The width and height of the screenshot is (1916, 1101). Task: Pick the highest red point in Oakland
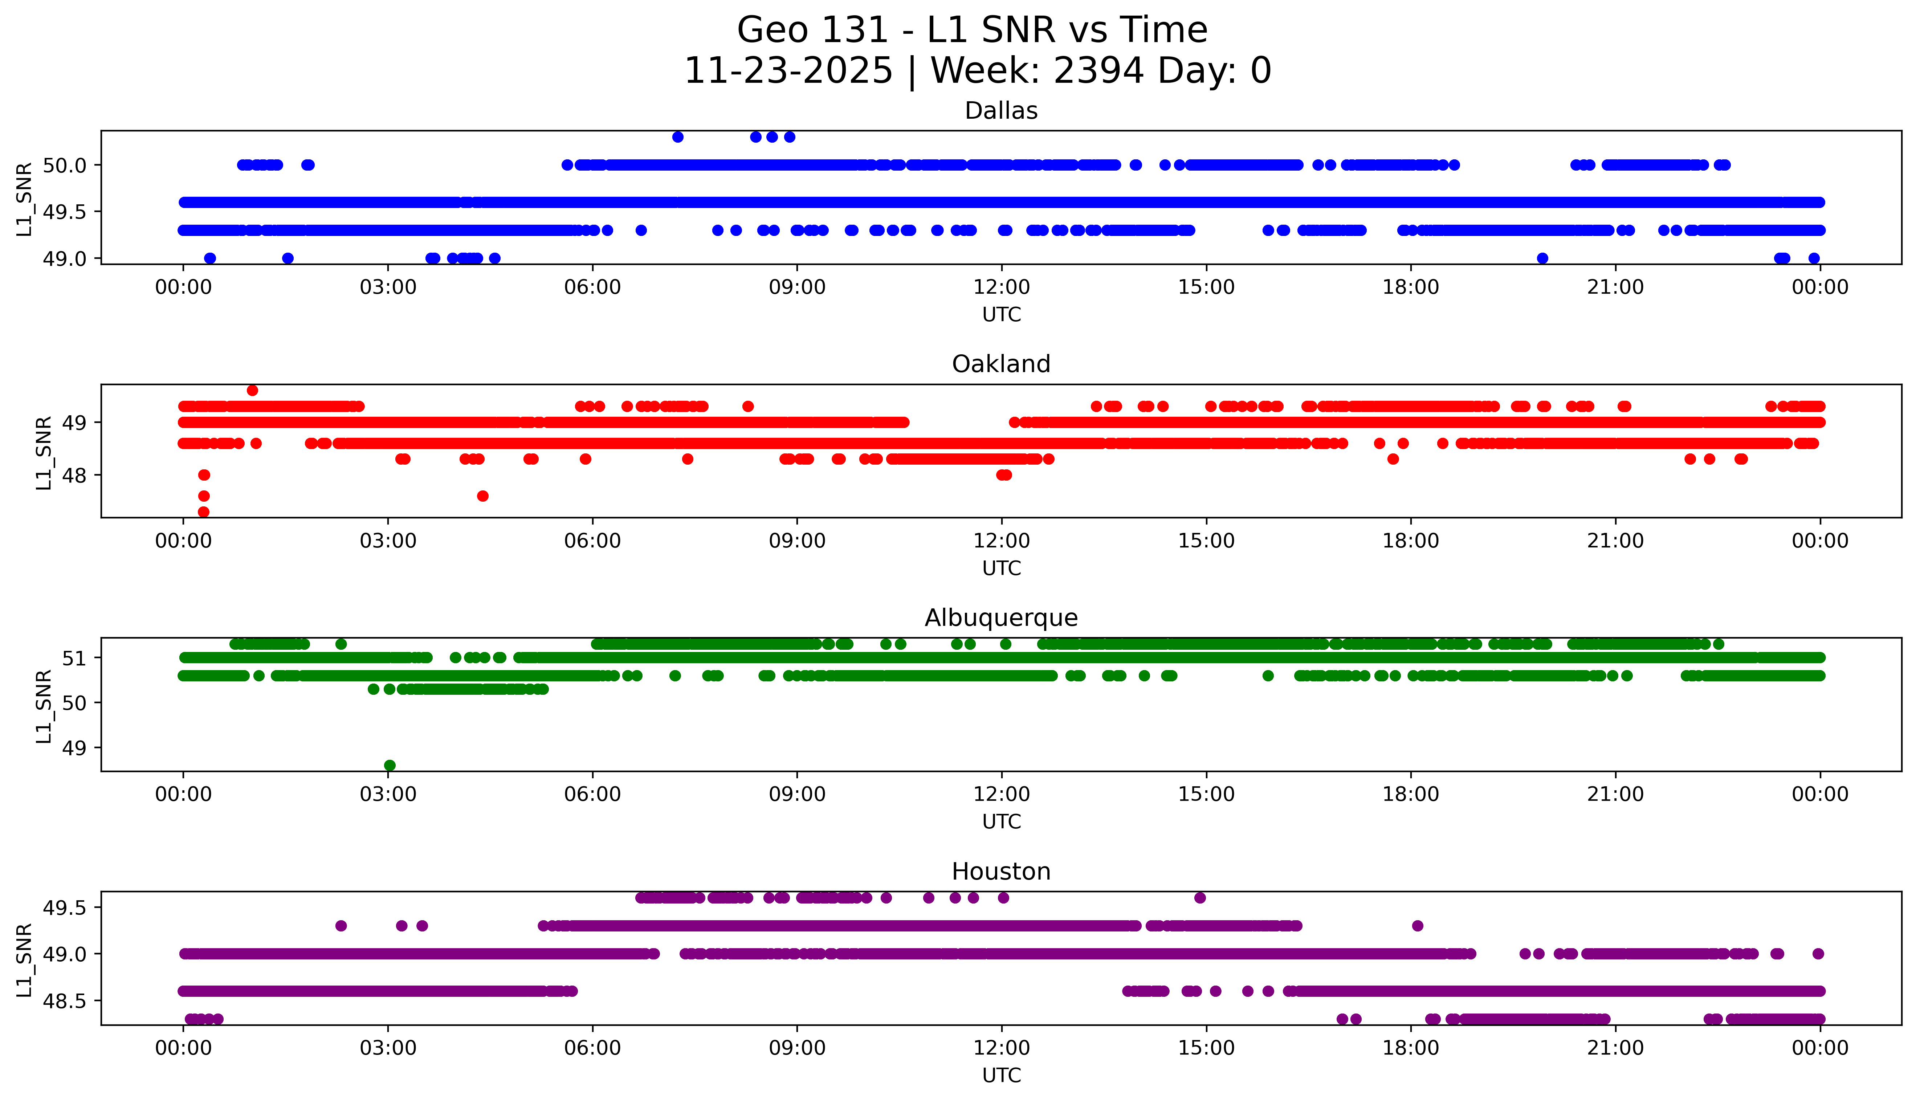[x=253, y=390]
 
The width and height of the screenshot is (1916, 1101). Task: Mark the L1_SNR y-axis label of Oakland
[x=44, y=452]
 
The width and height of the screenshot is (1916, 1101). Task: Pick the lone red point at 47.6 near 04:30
[x=482, y=496]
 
